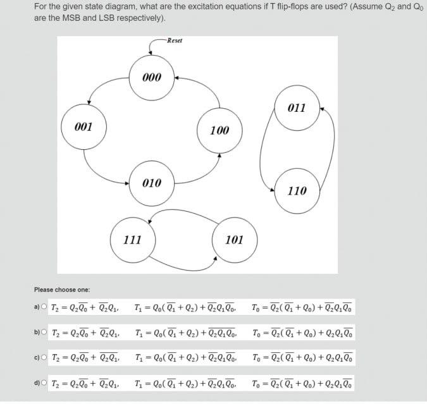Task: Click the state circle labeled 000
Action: [x=152, y=77]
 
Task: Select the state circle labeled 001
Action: [x=84, y=126]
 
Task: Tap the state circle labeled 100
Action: [x=220, y=130]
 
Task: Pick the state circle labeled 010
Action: [x=152, y=183]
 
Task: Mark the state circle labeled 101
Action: [x=234, y=240]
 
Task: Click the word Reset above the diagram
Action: [x=175, y=40]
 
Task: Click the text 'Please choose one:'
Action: [x=62, y=290]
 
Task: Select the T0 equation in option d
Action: [x=302, y=383]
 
